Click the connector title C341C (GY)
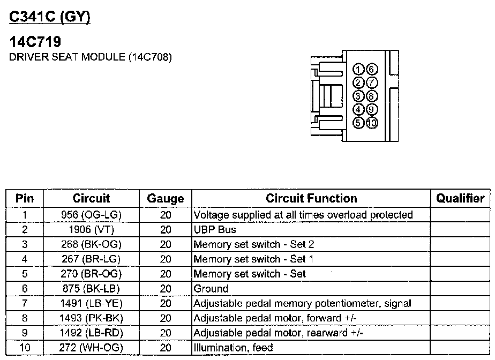tap(50, 17)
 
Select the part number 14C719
tap(36, 42)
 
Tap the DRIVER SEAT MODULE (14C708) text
tap(91, 57)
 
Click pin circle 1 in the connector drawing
tap(359, 69)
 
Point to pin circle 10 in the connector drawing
tap(372, 123)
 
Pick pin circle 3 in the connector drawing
tap(359, 96)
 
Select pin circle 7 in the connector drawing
tap(372, 82)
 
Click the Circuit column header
tap(91, 198)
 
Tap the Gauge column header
tap(166, 199)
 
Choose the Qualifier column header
tap(460, 198)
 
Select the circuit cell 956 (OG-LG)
tap(91, 215)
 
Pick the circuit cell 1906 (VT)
tap(91, 230)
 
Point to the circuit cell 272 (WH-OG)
tap(91, 348)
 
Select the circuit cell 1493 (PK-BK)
tap(91, 318)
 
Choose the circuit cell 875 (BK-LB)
tap(91, 289)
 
